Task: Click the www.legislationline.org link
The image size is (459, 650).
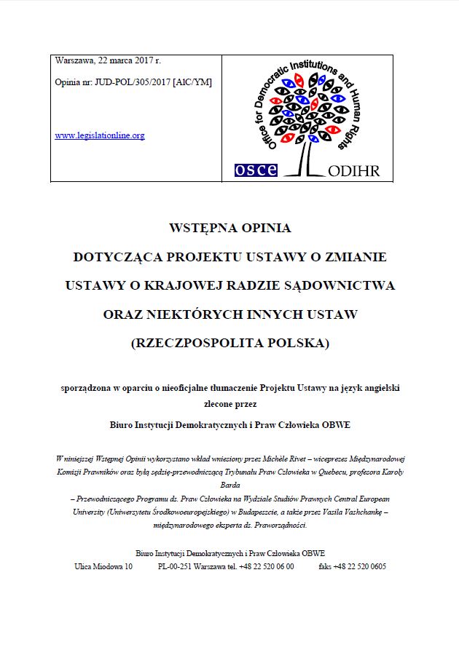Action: [100, 135]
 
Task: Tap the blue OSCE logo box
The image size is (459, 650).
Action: [256, 170]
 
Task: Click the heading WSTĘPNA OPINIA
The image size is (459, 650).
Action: [229, 228]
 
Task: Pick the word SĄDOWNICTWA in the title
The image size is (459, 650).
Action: [344, 285]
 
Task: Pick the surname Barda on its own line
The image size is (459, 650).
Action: [229, 485]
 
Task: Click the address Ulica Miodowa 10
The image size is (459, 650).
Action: [103, 566]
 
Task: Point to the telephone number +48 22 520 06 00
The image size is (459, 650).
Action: [266, 566]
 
